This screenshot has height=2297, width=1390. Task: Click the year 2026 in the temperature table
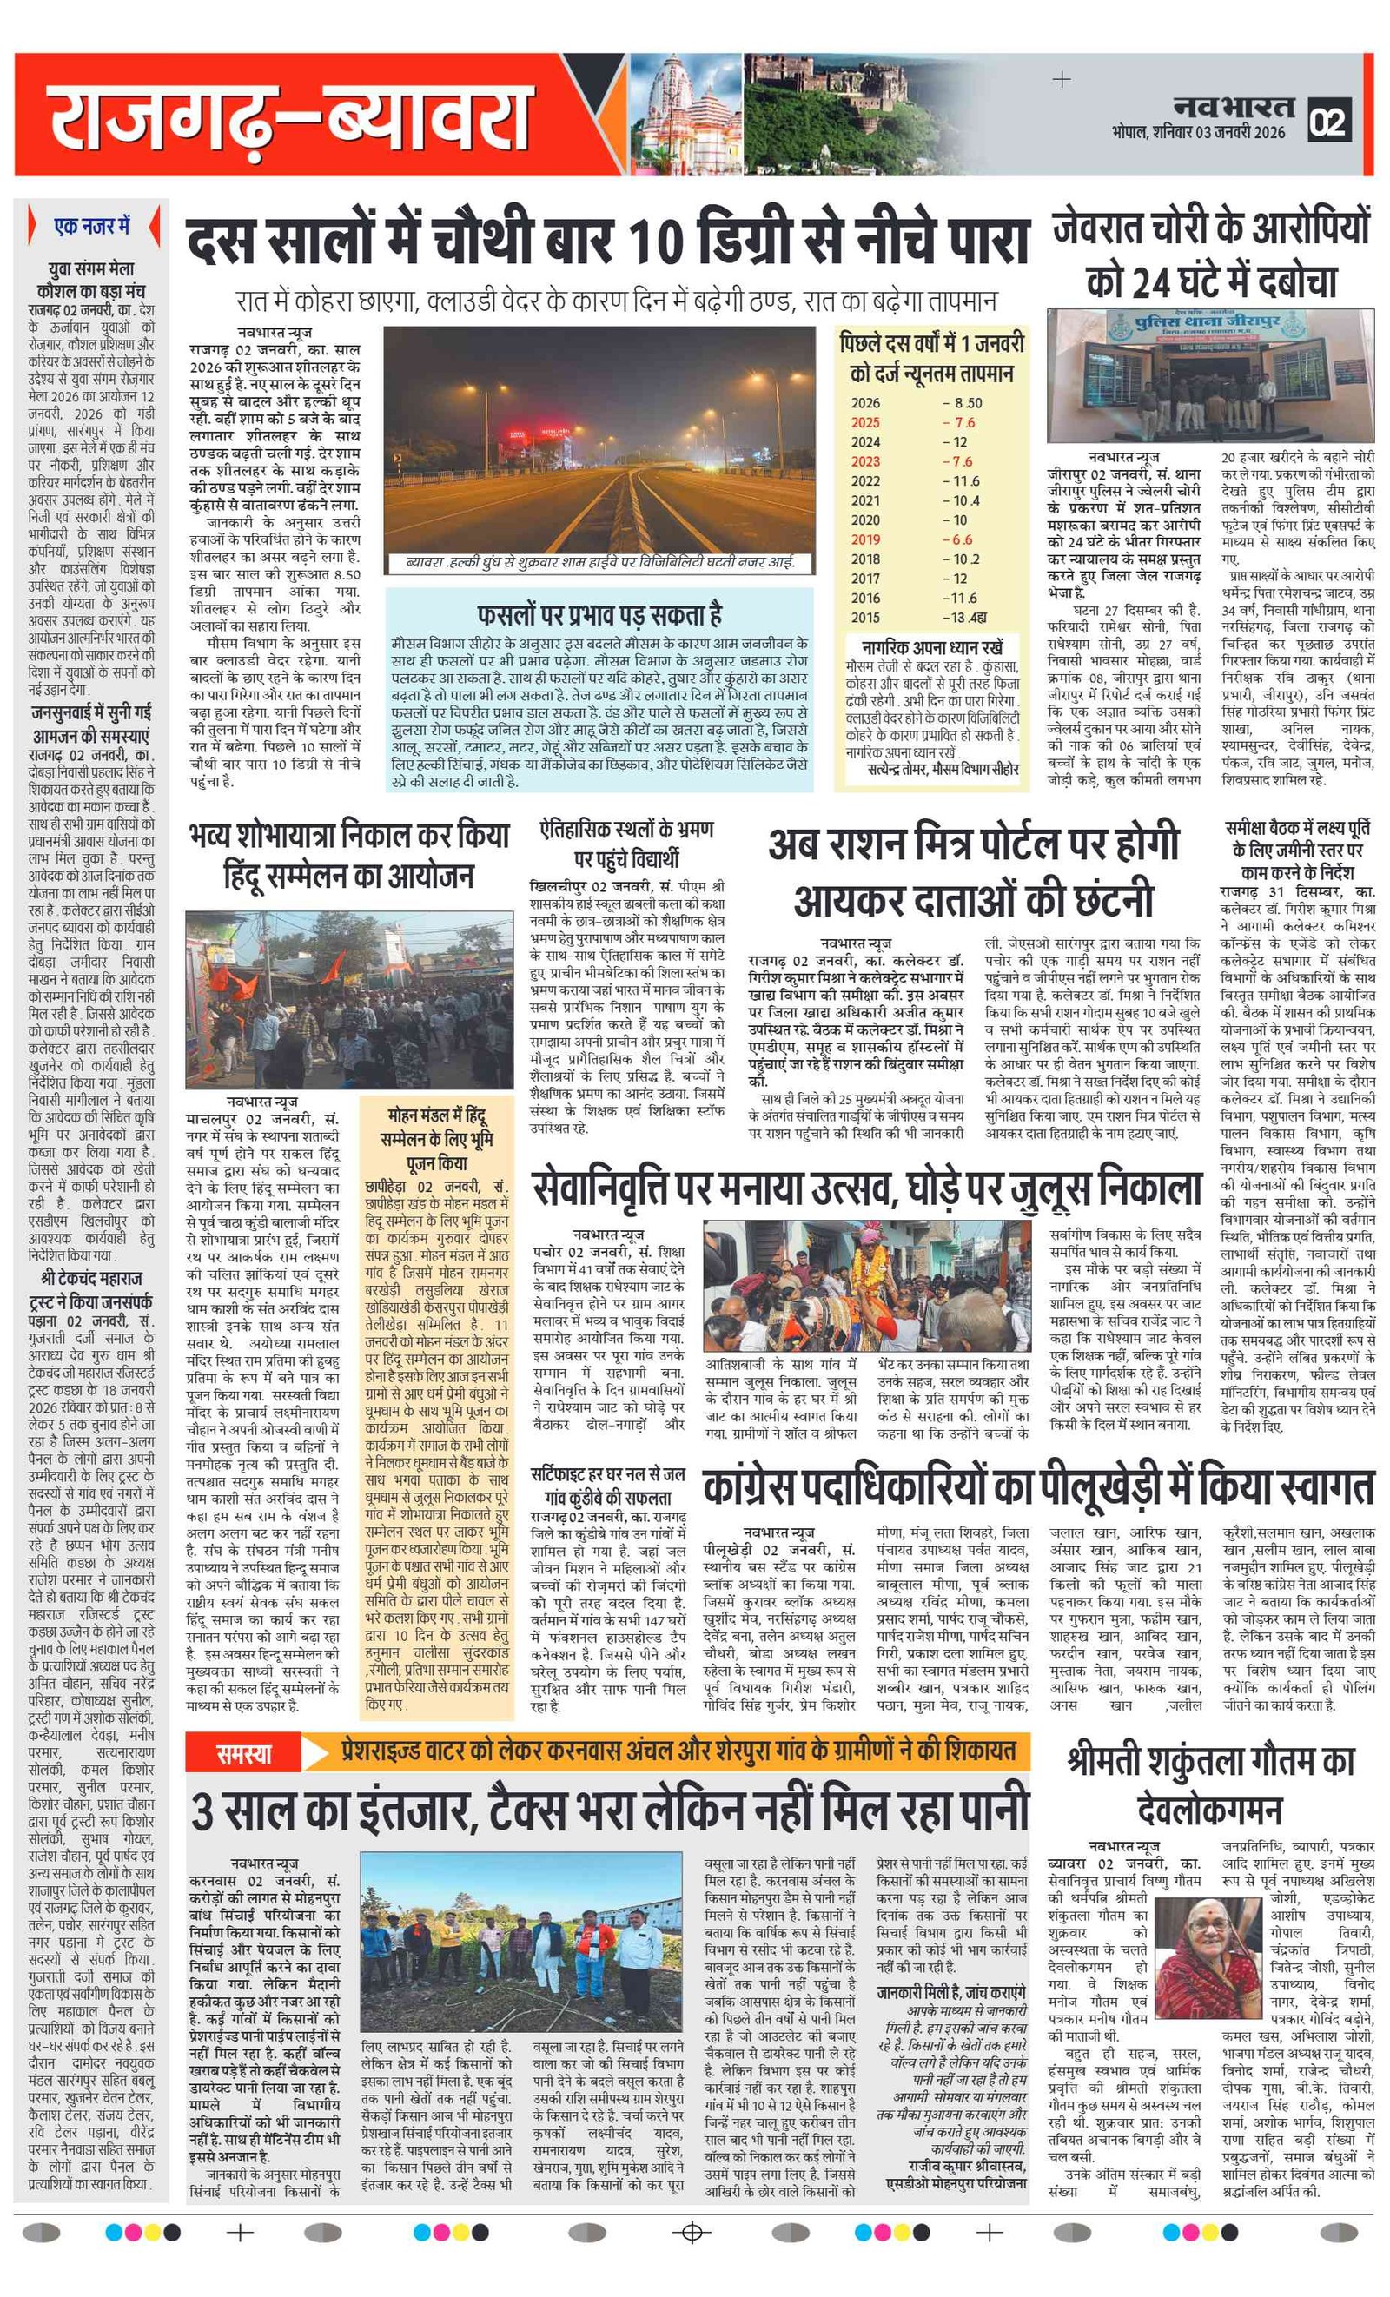[865, 403]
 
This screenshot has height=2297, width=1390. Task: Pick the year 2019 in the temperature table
[865, 539]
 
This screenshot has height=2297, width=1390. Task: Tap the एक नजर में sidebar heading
[92, 227]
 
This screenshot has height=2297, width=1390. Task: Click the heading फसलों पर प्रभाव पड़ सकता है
[599, 614]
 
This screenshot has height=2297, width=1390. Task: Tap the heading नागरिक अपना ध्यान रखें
[931, 646]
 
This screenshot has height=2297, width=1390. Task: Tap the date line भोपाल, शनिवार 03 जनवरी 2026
[1199, 132]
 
